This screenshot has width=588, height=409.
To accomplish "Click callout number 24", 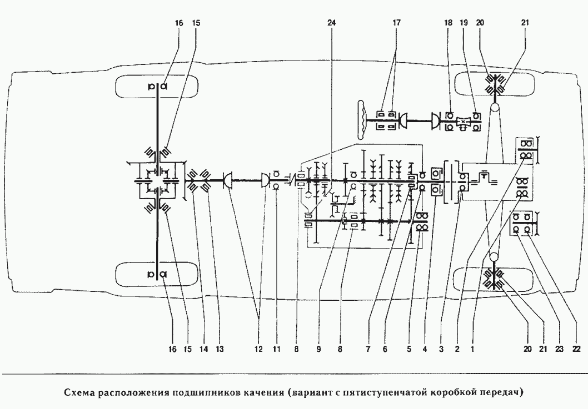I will [332, 24].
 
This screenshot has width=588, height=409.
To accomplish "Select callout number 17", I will [395, 24].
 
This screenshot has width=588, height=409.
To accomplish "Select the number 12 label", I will [258, 349].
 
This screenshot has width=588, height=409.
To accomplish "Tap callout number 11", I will [276, 349].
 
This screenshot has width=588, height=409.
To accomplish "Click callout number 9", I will [318, 349].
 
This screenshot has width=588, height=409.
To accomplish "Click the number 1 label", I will [472, 349].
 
